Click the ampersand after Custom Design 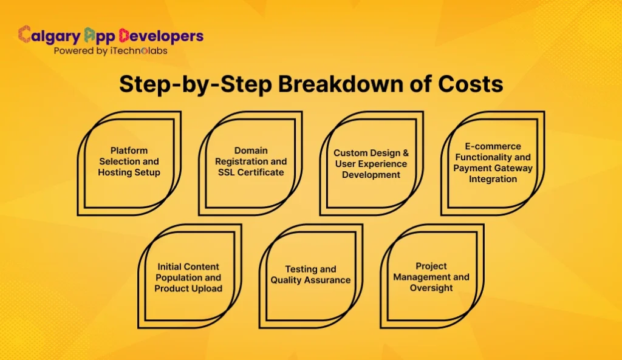405,153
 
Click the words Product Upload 188,288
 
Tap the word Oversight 431,288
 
